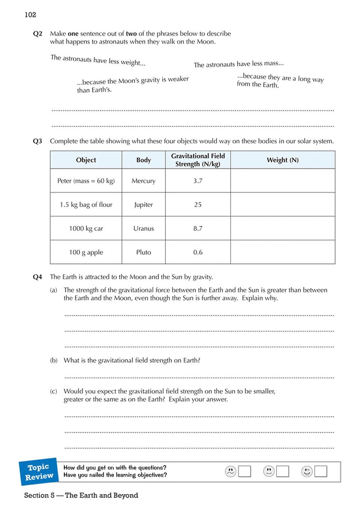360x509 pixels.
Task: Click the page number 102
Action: click(x=30, y=15)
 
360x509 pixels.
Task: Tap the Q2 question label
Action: click(x=37, y=34)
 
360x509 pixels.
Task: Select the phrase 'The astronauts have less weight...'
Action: click(x=98, y=60)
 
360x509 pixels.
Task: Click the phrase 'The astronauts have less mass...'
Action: click(x=239, y=64)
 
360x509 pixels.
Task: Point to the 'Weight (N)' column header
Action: click(x=282, y=160)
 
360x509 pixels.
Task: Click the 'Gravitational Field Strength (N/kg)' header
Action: click(x=198, y=160)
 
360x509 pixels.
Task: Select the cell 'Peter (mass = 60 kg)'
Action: click(x=86, y=181)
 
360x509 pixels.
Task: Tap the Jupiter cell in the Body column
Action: click(x=143, y=205)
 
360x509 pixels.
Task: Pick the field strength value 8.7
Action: click(x=198, y=228)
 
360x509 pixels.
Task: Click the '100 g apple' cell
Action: click(x=86, y=252)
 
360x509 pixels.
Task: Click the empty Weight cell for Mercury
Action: click(x=282, y=181)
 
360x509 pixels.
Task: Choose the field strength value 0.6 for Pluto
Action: click(x=198, y=252)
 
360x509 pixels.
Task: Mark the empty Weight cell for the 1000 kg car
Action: click(x=282, y=228)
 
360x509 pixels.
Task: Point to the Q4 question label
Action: click(x=37, y=277)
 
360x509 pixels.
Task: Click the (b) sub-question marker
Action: click(x=54, y=360)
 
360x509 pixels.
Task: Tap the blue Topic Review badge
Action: click(x=39, y=472)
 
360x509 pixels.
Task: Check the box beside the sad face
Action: click(x=245, y=471)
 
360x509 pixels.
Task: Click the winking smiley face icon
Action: click(x=307, y=471)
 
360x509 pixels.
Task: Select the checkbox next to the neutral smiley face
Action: click(x=282, y=471)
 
